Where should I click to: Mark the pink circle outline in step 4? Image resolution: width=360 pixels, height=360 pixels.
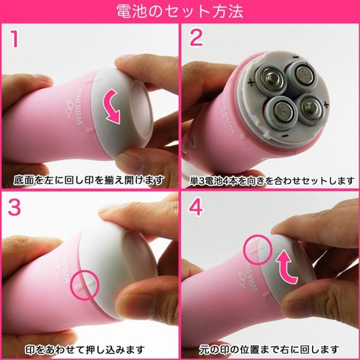(x=257, y=248)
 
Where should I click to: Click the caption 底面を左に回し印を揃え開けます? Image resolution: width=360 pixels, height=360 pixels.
(x=90, y=179)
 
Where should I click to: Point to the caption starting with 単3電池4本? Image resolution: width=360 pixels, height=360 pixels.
(x=270, y=179)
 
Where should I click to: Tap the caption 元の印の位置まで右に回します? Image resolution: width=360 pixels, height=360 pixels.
(x=271, y=349)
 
